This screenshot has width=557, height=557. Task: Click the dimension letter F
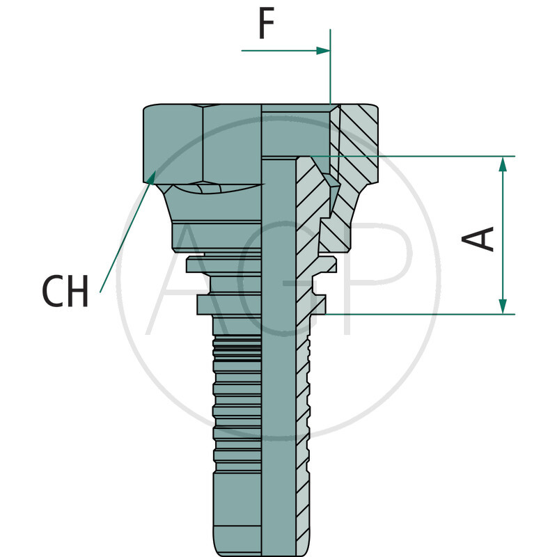[265, 24]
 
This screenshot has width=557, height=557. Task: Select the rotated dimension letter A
[479, 238]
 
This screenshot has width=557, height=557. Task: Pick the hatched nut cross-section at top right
[359, 139]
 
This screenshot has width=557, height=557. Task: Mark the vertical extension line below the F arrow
[331, 77]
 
